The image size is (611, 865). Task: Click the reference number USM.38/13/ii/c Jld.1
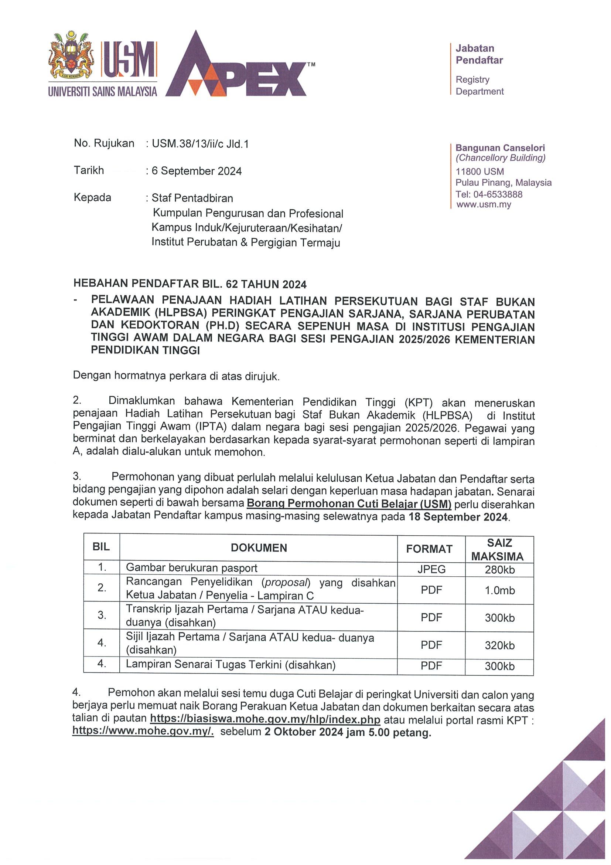pyautogui.click(x=200, y=144)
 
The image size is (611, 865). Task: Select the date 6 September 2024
pyautogui.click(x=197, y=171)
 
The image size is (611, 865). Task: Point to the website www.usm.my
pyautogui.click(x=484, y=205)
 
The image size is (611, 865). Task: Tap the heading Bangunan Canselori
pyautogui.click(x=500, y=148)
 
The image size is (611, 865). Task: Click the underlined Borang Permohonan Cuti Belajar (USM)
pyautogui.click(x=349, y=504)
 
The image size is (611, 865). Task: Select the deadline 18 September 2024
pyautogui.click(x=458, y=516)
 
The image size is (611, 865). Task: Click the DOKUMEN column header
pyautogui.click(x=259, y=548)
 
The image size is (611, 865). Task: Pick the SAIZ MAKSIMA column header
pyautogui.click(x=499, y=549)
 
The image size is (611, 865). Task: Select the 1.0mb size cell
pyautogui.click(x=499, y=590)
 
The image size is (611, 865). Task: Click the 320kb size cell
pyautogui.click(x=499, y=645)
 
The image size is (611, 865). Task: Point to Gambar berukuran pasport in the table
pyautogui.click(x=191, y=568)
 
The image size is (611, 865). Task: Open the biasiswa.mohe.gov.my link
pyautogui.click(x=265, y=719)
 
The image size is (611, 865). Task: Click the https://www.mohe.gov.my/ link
pyautogui.click(x=143, y=731)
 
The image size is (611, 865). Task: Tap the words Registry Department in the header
pyautogui.click(x=479, y=85)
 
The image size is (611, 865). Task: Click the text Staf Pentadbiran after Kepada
pyautogui.click(x=192, y=198)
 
